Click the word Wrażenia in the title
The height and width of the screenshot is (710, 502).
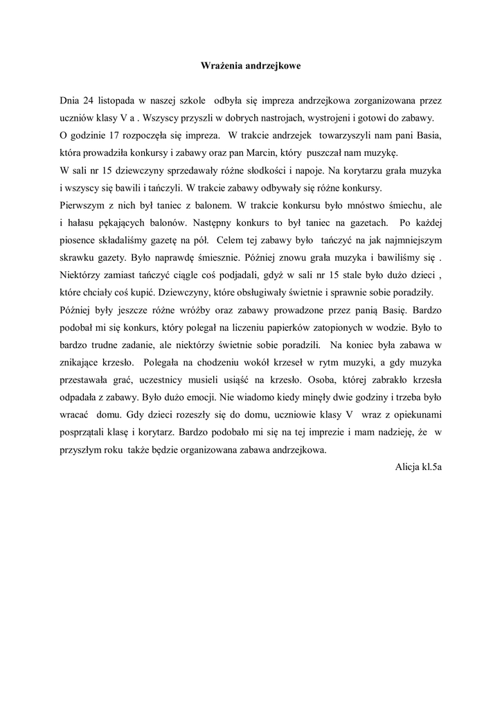coord(216,66)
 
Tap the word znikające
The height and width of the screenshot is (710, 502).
coord(82,364)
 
